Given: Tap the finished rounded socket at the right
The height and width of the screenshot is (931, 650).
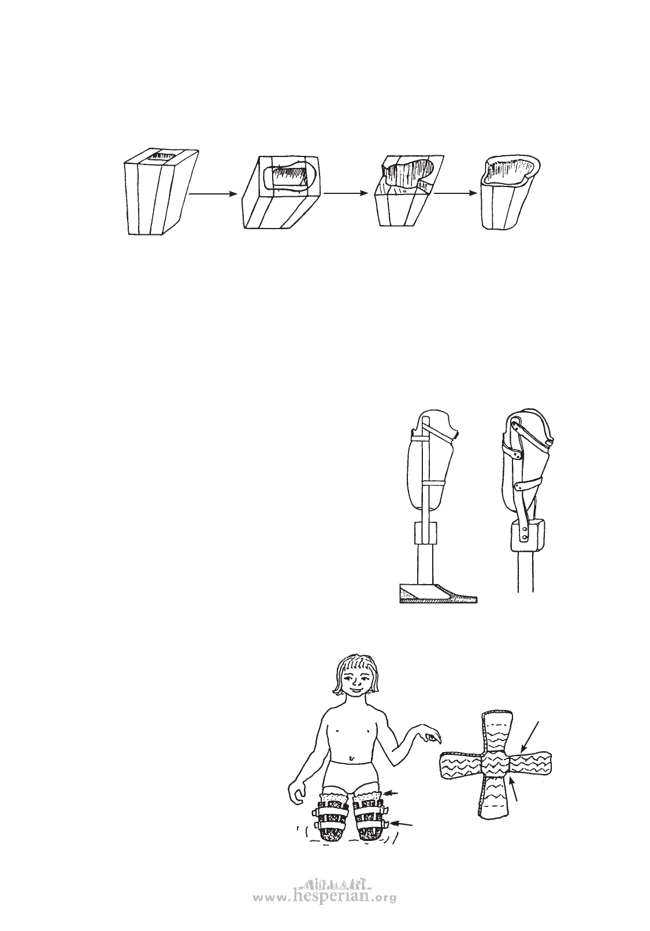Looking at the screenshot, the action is tap(511, 192).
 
